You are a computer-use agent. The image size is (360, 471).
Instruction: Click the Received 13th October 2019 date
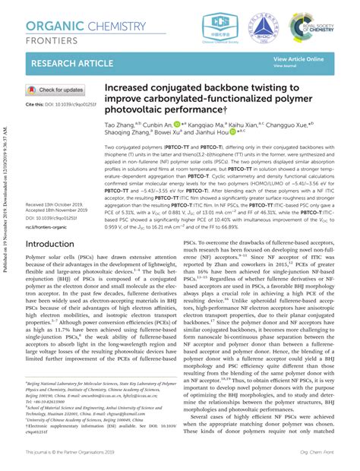(x=58, y=205)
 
